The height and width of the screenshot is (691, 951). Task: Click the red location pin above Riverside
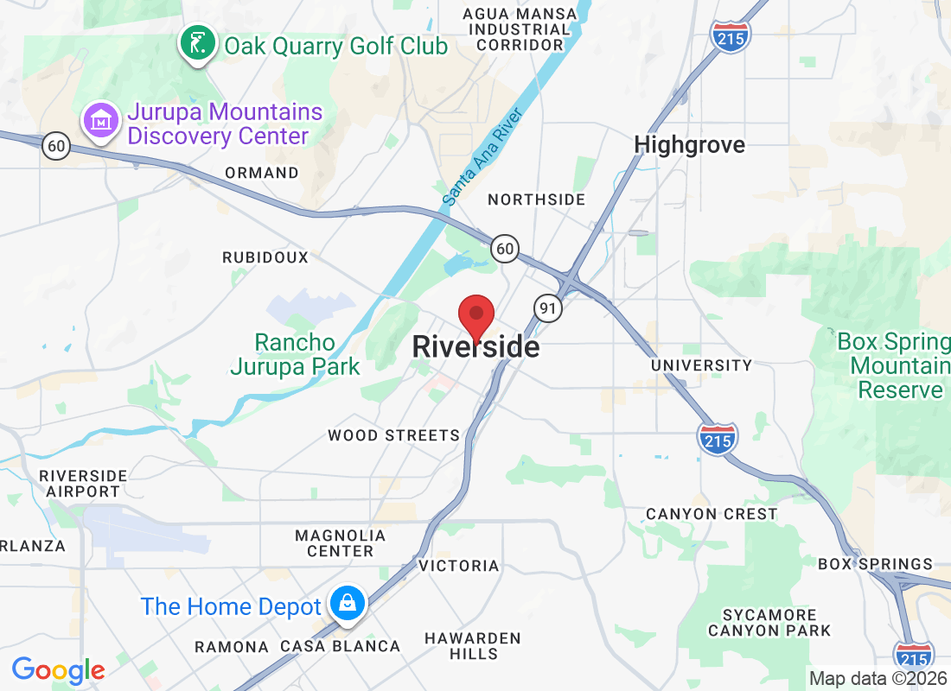[475, 315]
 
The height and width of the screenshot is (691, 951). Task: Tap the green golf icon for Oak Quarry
[198, 43]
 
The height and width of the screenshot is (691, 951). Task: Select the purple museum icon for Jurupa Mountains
[102, 122]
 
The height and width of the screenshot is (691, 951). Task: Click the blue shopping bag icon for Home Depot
[347, 603]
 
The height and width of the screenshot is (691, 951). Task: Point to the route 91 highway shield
[548, 307]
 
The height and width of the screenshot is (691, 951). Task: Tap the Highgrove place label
[689, 144]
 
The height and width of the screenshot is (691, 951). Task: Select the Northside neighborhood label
[536, 200]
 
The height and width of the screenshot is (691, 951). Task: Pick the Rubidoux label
[265, 257]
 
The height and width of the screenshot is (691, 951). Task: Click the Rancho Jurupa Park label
[295, 354]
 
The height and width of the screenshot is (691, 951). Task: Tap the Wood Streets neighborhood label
[393, 435]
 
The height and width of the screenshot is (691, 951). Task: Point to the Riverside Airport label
[83, 484]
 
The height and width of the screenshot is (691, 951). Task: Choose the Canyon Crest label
[712, 514]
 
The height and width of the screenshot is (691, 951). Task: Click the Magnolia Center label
[340, 543]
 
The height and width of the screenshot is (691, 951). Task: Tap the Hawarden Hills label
[472, 646]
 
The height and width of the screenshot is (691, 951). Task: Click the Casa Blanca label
[340, 646]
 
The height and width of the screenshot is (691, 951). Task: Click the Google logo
[59, 669]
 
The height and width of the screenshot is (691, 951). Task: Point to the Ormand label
[261, 173]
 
